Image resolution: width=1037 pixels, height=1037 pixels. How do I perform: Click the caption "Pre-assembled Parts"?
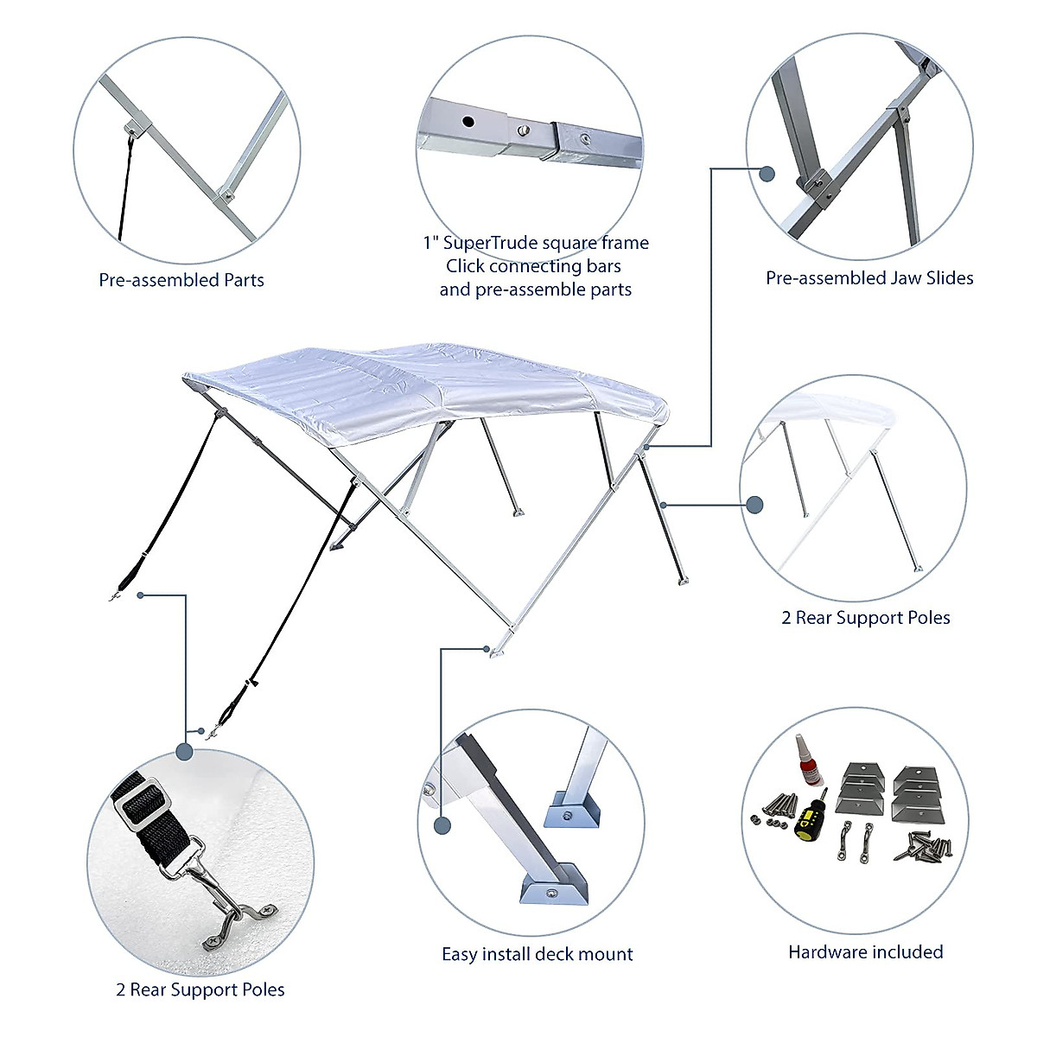click(181, 280)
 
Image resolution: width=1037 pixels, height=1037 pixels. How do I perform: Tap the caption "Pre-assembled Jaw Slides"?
click(869, 278)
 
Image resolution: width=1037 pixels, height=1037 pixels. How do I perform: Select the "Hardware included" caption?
click(865, 952)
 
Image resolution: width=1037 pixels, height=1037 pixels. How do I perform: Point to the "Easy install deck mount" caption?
click(537, 954)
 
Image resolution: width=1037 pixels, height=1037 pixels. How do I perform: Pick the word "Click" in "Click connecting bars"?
click(465, 266)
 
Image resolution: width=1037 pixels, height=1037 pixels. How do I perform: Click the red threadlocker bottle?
click(805, 760)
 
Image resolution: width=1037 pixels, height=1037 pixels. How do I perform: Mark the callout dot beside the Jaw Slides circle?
click(767, 174)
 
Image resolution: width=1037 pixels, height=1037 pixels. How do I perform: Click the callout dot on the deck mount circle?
click(442, 826)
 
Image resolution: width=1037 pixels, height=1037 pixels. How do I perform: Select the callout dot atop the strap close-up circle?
click(184, 752)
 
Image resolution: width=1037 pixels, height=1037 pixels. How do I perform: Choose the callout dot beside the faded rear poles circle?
click(754, 505)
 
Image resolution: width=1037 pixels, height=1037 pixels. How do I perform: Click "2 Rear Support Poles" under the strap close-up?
click(200, 990)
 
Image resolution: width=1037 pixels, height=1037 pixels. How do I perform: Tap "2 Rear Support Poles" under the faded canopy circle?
click(866, 618)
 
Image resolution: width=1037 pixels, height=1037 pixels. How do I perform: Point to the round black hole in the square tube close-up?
click(468, 122)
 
